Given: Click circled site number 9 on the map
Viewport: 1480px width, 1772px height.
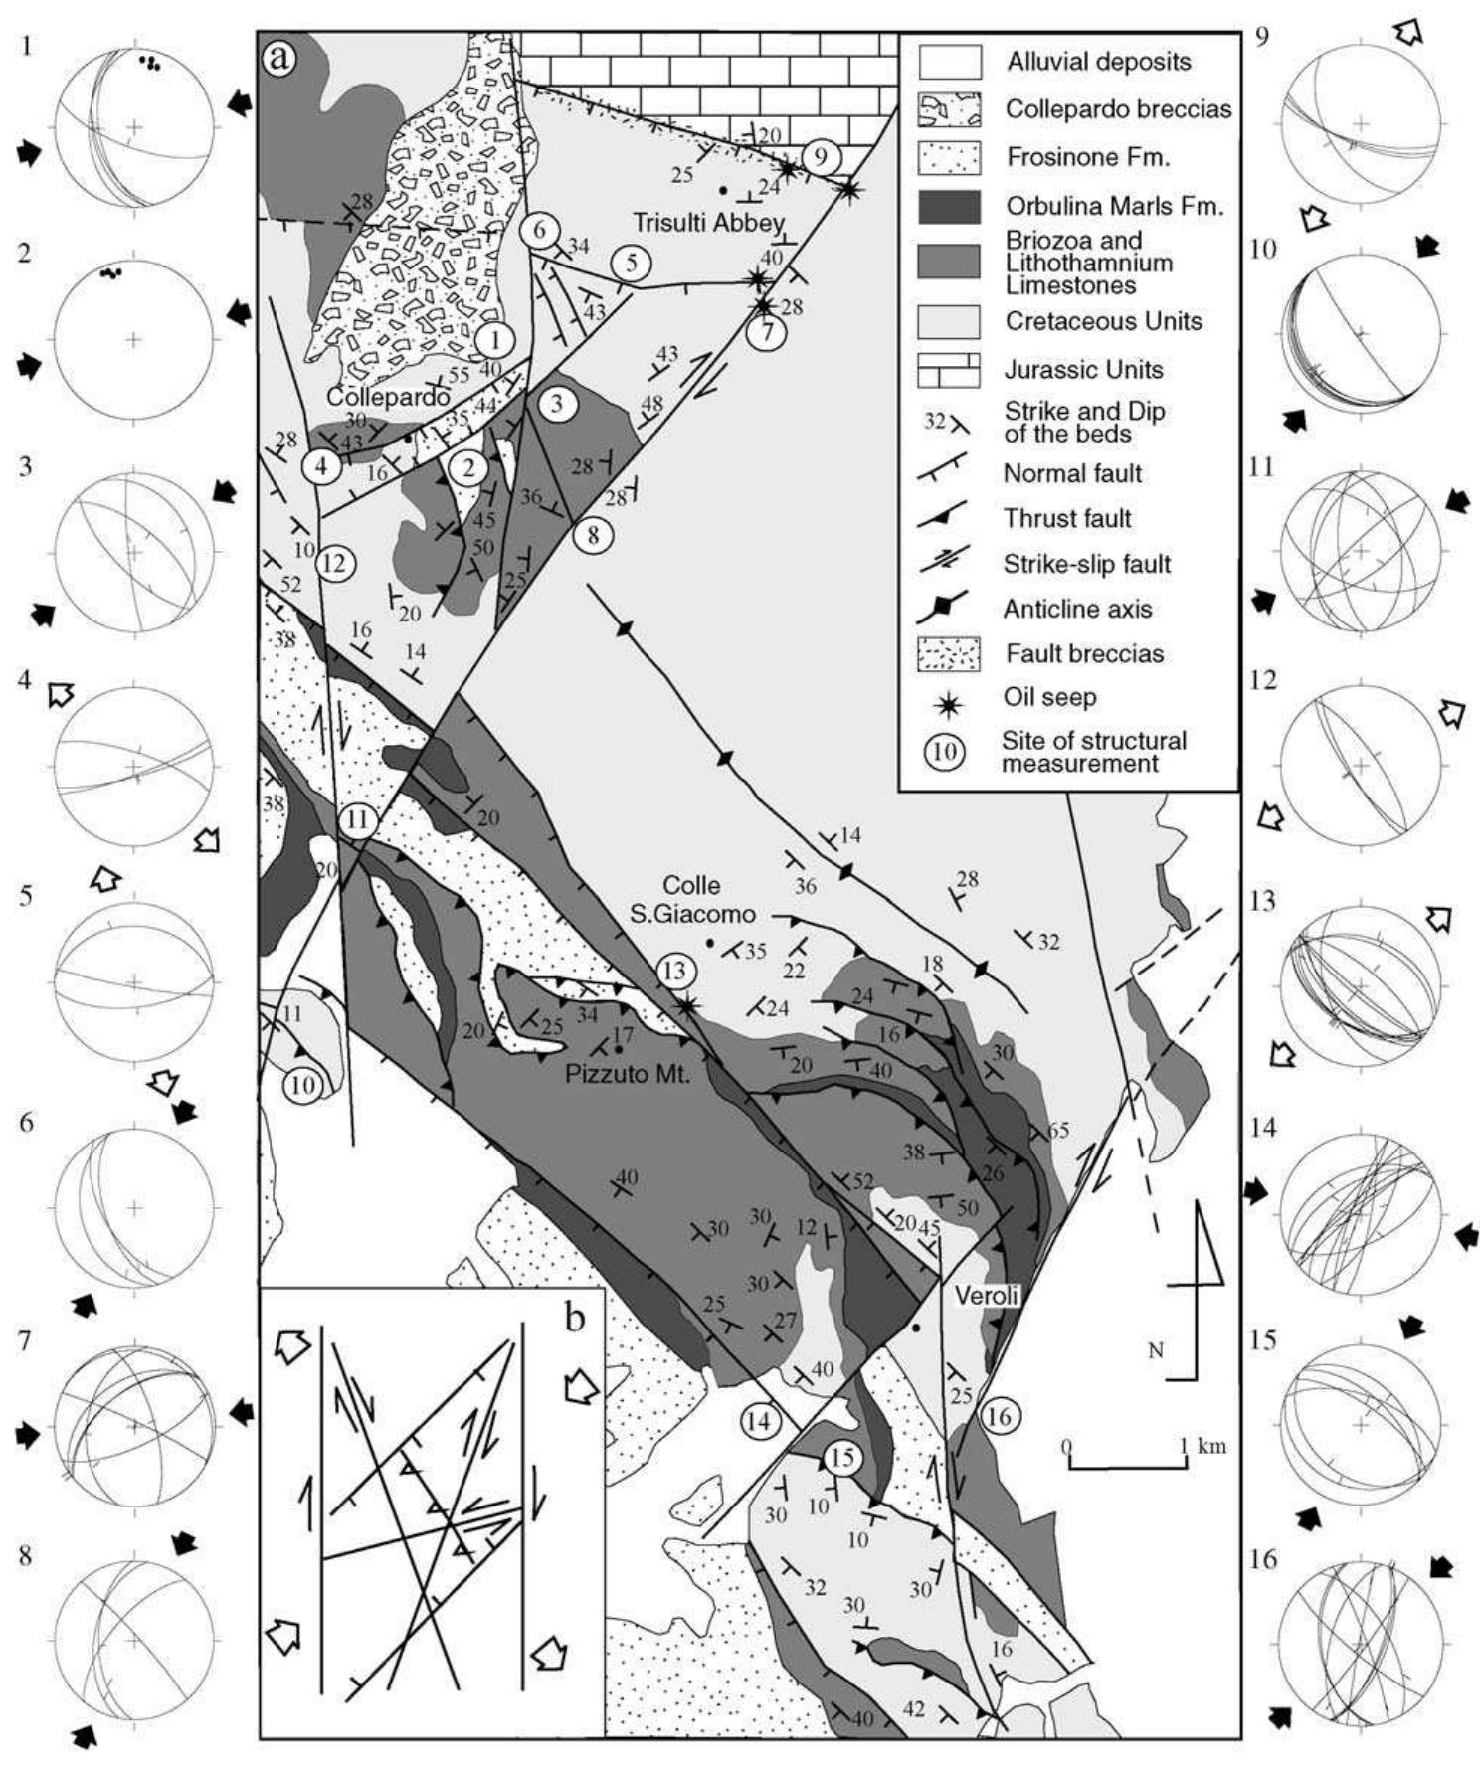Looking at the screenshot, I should point(821,156).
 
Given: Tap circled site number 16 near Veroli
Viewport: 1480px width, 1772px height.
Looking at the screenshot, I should point(999,1415).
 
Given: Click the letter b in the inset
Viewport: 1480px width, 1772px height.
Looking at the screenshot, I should point(575,1318).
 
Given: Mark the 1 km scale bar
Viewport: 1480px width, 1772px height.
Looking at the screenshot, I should point(1126,1465).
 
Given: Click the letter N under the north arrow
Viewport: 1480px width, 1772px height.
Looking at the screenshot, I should point(1155,1350).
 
